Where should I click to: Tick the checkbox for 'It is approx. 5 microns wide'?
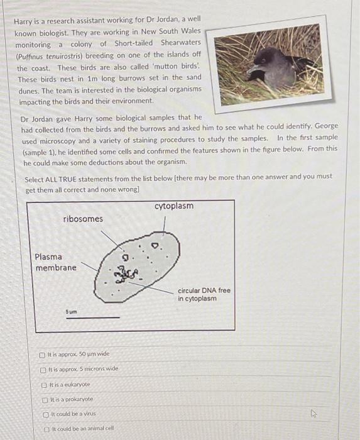click(x=43, y=368)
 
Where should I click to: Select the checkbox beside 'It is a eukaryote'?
click(x=43, y=383)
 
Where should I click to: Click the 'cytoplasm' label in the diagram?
click(x=173, y=207)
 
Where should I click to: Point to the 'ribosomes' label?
click(x=83, y=219)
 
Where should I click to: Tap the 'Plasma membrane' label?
click(x=55, y=262)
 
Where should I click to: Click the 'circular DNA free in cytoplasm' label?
click(x=204, y=294)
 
